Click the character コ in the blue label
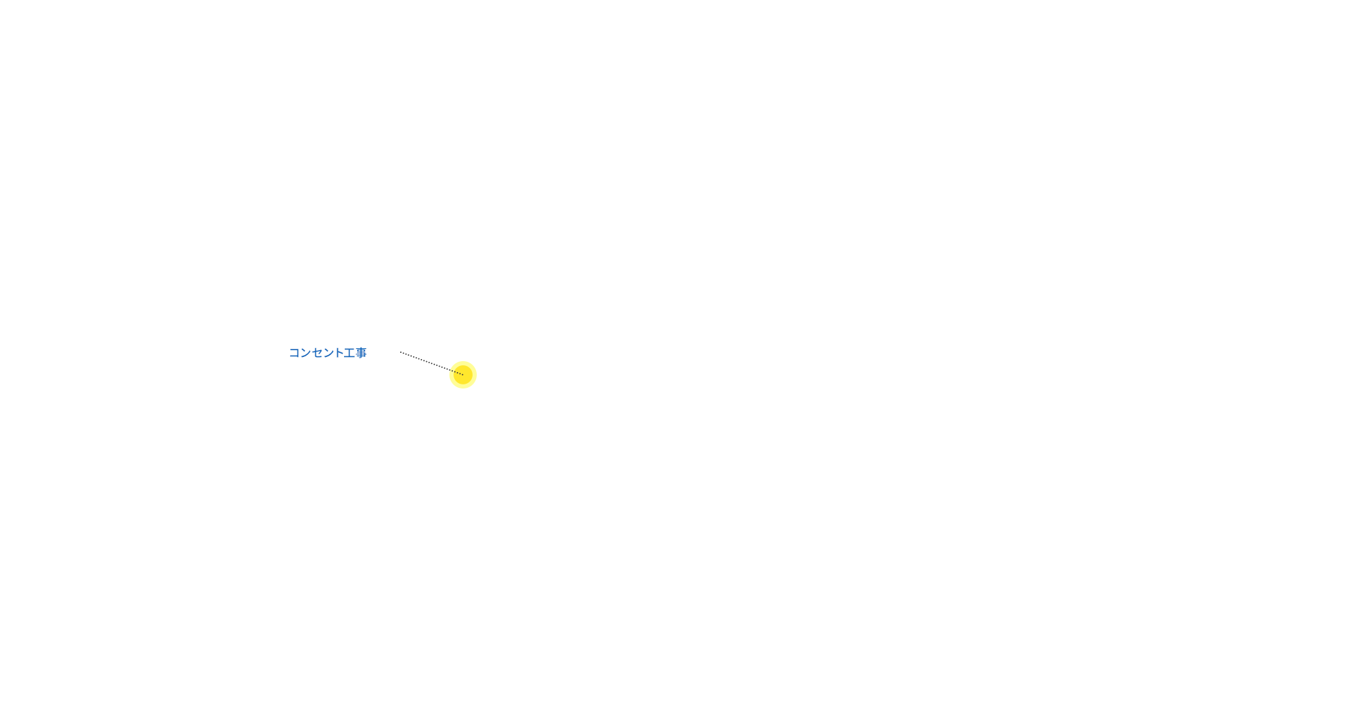[295, 353]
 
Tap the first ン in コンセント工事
[306, 353]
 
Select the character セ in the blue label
[317, 353]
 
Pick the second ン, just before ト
[328, 353]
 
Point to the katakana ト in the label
[339, 353]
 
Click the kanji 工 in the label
[350, 353]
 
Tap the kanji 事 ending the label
[360, 353]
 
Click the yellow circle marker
[463, 375]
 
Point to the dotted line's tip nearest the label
[401, 352]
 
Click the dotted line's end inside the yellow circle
[463, 374]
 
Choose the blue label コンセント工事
[328, 353]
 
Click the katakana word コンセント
[316, 353]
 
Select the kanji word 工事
[355, 353]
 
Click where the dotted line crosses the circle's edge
[450, 370]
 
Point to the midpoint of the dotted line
[432, 363]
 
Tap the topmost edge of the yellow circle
[463, 362]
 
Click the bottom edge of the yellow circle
[463, 388]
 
